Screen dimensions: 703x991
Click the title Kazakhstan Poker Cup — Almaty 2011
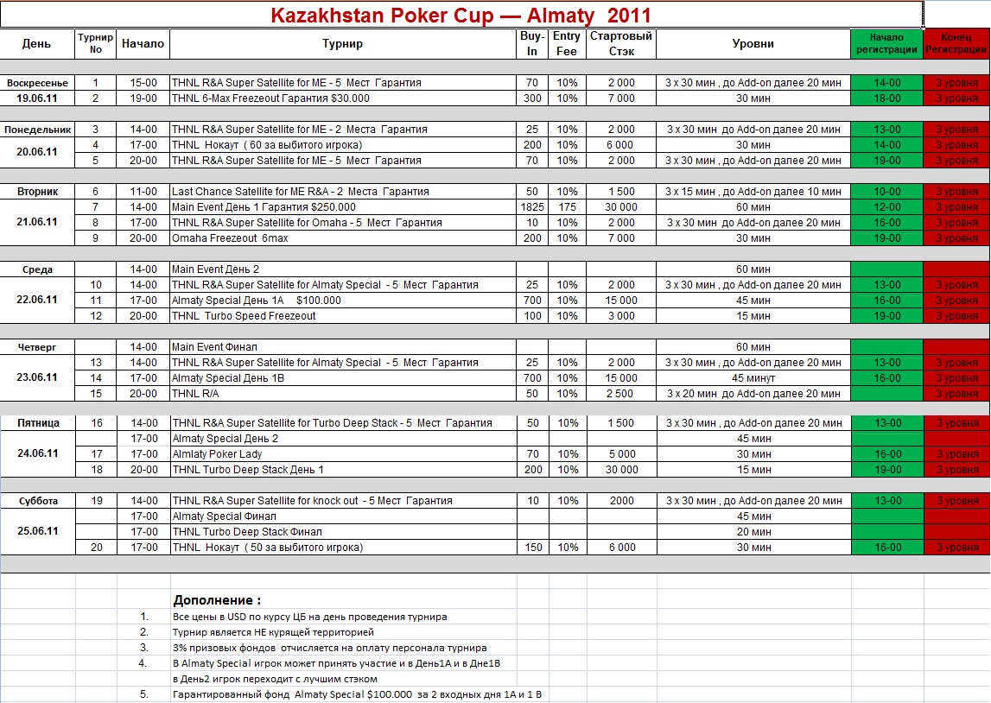tap(461, 16)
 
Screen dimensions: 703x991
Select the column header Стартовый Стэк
tap(620, 43)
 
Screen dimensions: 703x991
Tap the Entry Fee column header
tap(567, 43)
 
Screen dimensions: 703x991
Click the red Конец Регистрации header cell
tap(956, 43)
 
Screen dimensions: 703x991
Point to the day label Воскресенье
tap(37, 83)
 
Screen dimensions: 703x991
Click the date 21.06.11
tap(37, 222)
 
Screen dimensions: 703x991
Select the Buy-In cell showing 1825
tap(532, 207)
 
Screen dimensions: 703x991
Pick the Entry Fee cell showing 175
tap(567, 207)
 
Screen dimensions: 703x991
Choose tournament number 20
tap(96, 548)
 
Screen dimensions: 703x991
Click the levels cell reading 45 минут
tap(753, 378)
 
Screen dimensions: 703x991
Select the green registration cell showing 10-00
tap(886, 192)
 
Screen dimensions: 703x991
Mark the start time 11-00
tap(143, 192)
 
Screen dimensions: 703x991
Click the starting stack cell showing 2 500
tap(620, 394)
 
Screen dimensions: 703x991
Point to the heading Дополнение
tap(216, 600)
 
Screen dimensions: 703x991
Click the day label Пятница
tap(37, 423)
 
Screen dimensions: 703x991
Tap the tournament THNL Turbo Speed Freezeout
tap(244, 316)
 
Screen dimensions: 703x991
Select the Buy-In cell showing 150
tap(532, 548)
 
